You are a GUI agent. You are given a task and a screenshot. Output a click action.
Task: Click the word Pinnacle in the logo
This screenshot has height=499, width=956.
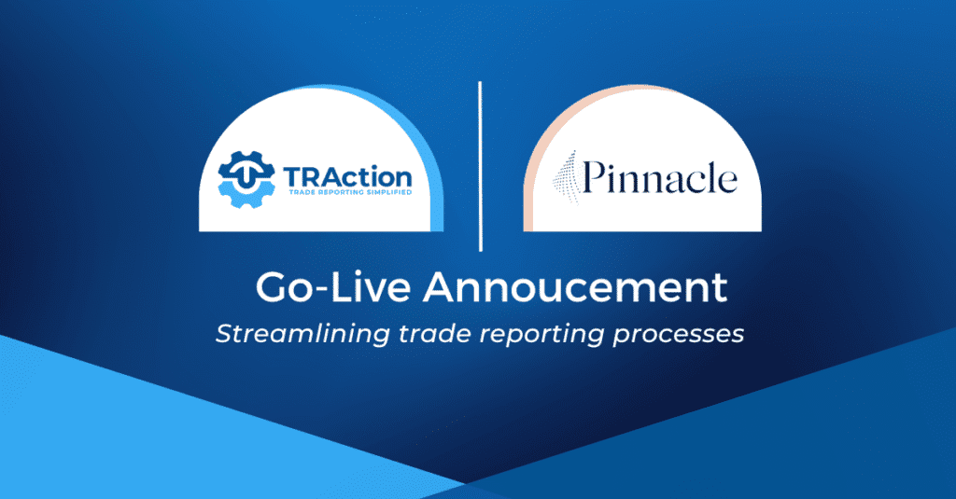pos(660,178)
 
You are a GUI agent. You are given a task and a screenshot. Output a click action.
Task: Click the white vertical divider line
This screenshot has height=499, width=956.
pos(480,166)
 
